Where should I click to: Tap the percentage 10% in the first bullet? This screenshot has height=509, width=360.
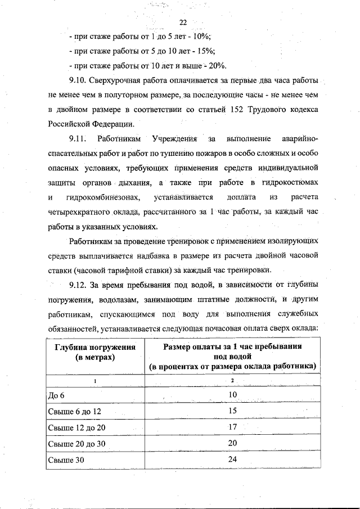(x=201, y=37)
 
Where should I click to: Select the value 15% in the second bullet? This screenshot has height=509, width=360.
(x=205, y=50)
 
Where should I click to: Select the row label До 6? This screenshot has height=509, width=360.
(x=57, y=395)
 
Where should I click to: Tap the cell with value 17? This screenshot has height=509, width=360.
(x=233, y=427)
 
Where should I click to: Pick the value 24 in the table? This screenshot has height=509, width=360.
(x=233, y=460)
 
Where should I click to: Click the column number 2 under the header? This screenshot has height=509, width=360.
(x=233, y=380)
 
